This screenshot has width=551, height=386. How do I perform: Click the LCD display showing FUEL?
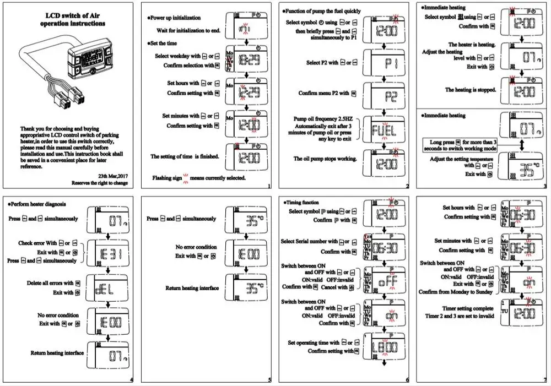tap(383, 131)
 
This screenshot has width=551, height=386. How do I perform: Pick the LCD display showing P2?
tap(383, 96)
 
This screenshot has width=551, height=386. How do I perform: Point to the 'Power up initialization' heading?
tap(176, 18)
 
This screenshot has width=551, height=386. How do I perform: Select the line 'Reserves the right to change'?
tap(102, 182)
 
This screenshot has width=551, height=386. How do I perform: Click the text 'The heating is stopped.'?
tap(471, 89)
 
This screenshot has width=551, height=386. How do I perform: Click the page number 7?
tap(544, 379)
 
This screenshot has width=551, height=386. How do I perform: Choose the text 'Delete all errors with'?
tap(50, 283)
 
